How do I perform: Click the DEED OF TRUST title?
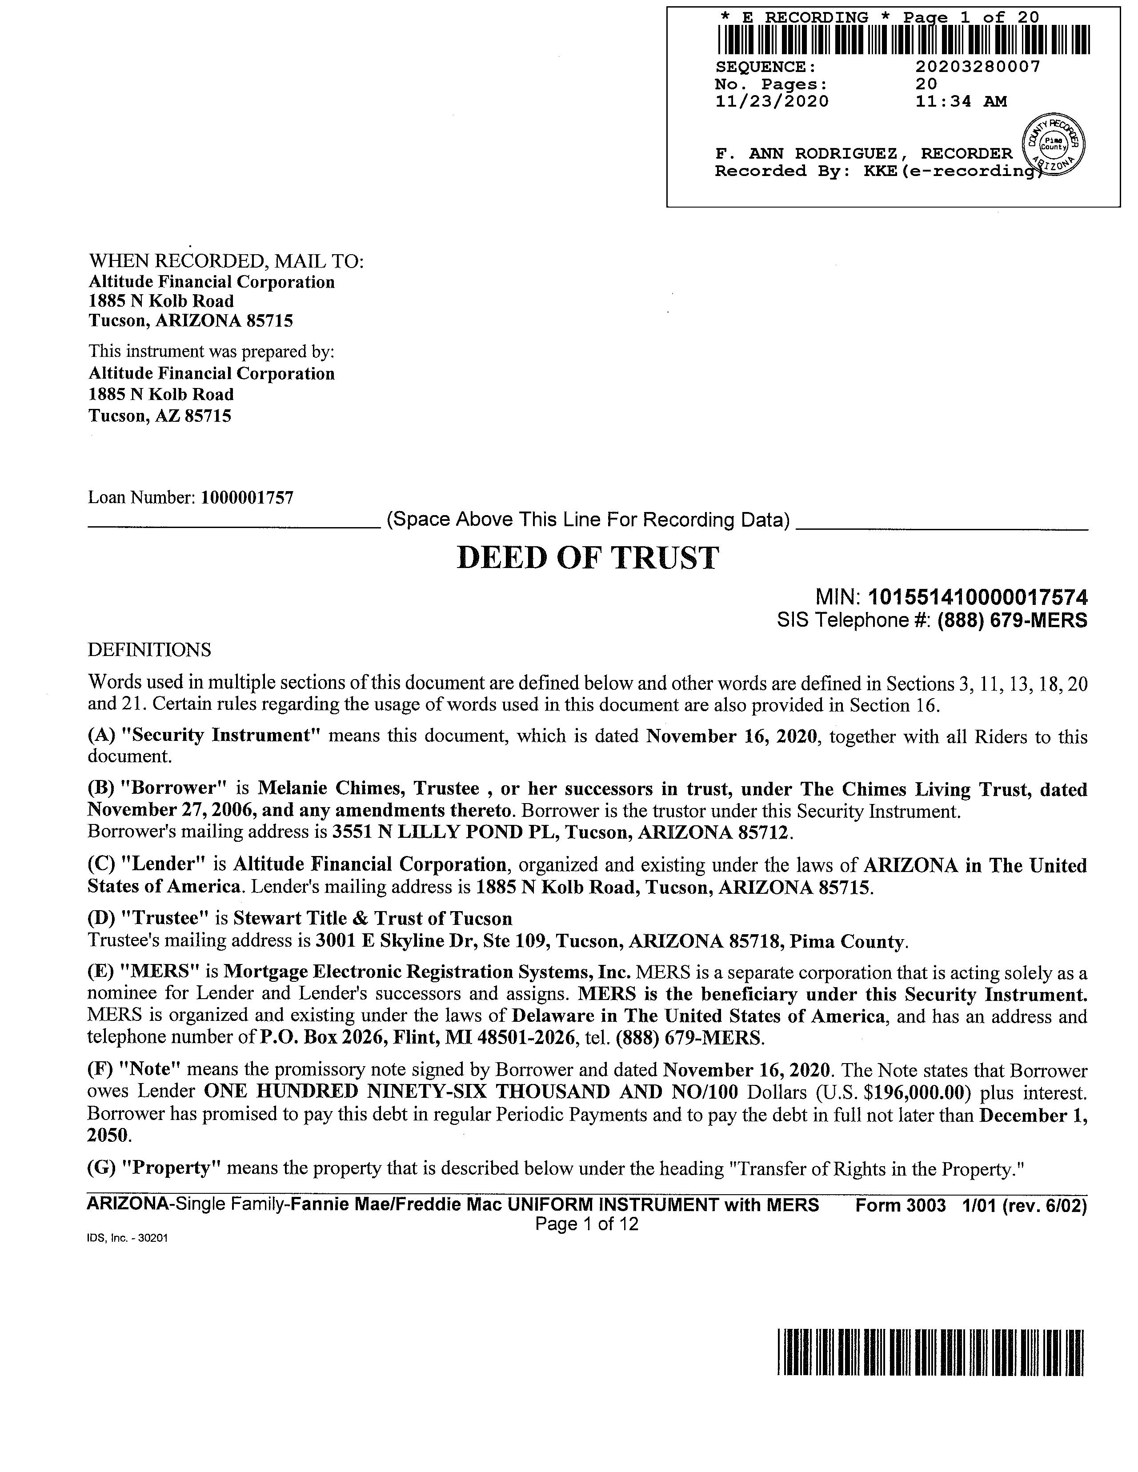pyautogui.click(x=587, y=558)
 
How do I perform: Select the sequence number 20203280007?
pyautogui.click(x=978, y=67)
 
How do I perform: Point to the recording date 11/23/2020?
pyautogui.click(x=771, y=102)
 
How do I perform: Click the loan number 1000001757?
pyautogui.click(x=248, y=498)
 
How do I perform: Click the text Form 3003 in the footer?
pyautogui.click(x=901, y=1205)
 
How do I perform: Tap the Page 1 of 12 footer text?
pyautogui.click(x=586, y=1224)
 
